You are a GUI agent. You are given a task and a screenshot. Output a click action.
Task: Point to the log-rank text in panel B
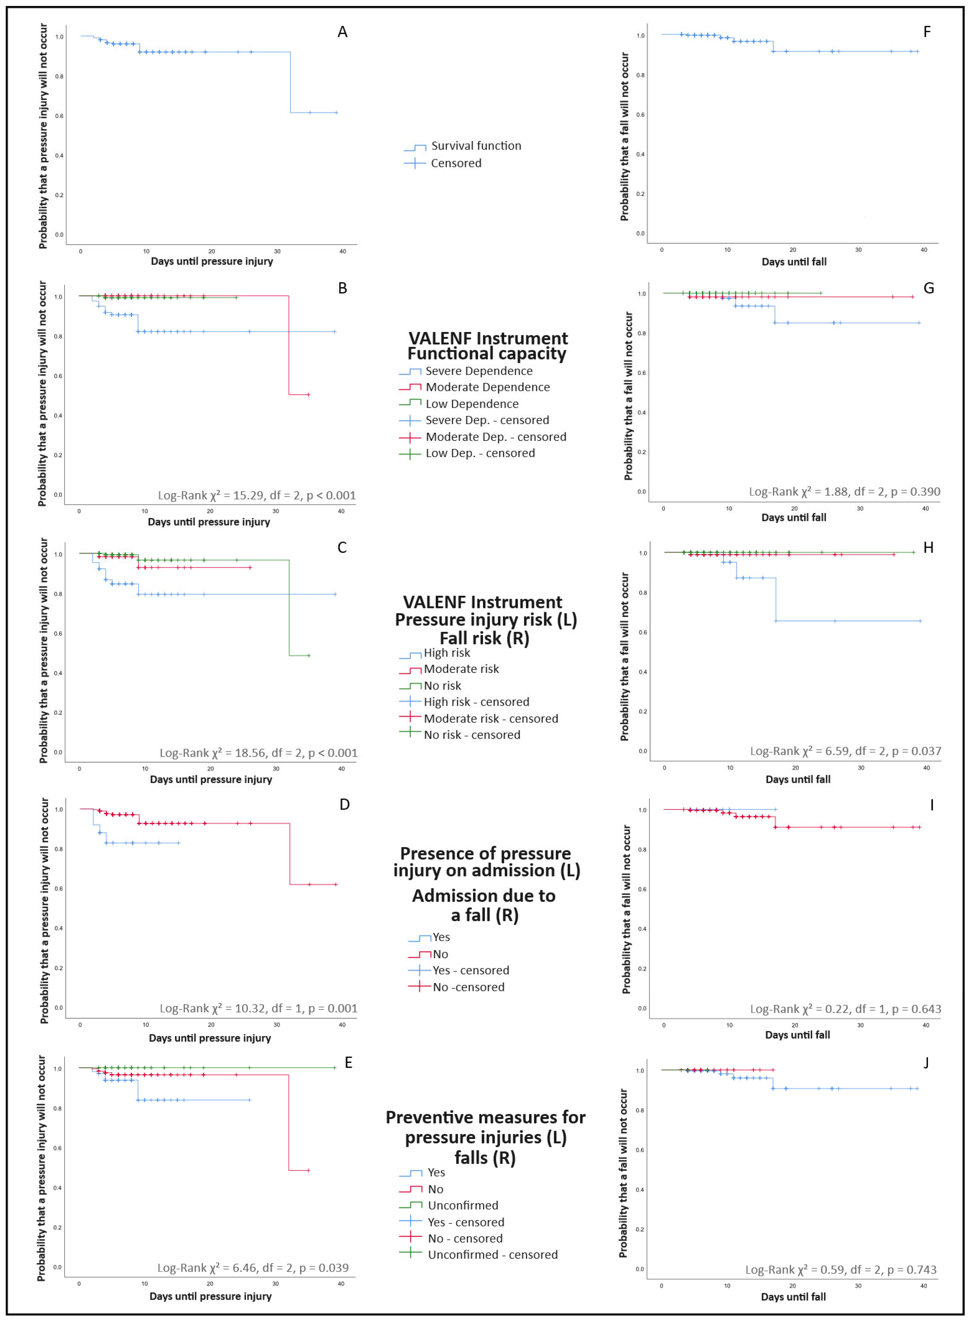[257, 495]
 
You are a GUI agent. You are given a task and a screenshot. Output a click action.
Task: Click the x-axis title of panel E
[210, 1296]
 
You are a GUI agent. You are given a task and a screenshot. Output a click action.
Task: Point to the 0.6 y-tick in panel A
[59, 116]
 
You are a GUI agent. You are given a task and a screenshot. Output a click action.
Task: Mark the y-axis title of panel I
[626, 909]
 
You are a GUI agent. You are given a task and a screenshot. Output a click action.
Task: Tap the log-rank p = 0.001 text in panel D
[258, 1009]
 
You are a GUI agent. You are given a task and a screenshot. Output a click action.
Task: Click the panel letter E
[348, 1062]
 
